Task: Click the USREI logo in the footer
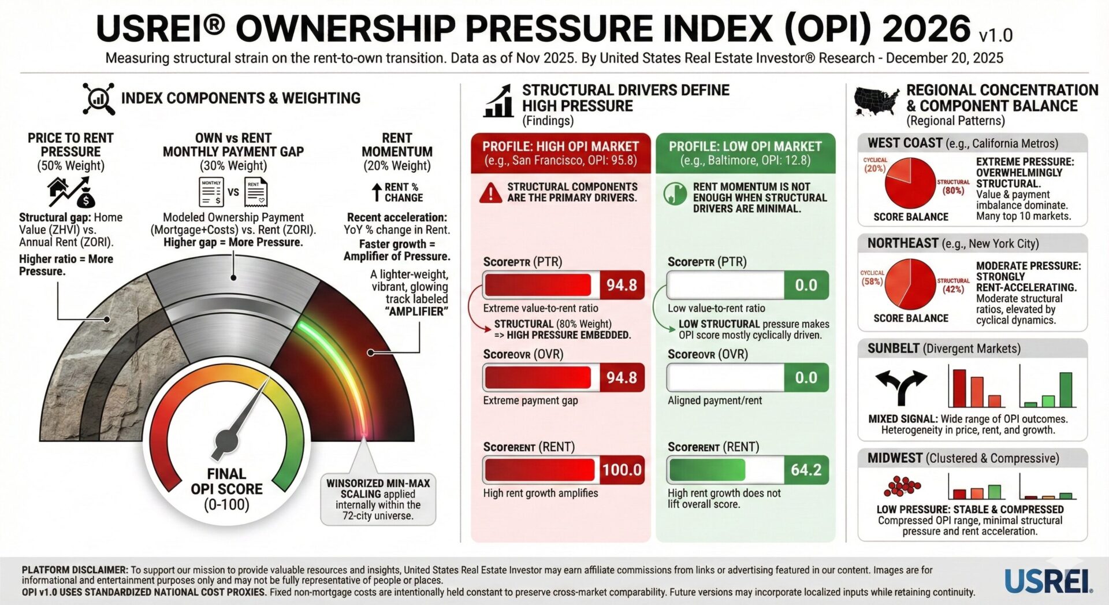click(1048, 581)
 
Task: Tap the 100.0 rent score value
click(622, 470)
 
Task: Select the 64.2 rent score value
click(806, 470)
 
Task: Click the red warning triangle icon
click(490, 193)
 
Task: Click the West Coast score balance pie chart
click(910, 183)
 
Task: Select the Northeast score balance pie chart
click(910, 284)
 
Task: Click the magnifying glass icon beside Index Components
click(98, 99)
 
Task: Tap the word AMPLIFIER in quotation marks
click(416, 311)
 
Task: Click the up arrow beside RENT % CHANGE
click(377, 192)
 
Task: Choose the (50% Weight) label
click(70, 166)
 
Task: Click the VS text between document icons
click(233, 192)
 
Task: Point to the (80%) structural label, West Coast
click(953, 191)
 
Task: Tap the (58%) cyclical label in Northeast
click(872, 282)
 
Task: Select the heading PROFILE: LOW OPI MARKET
click(745, 147)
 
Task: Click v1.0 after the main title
click(996, 36)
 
